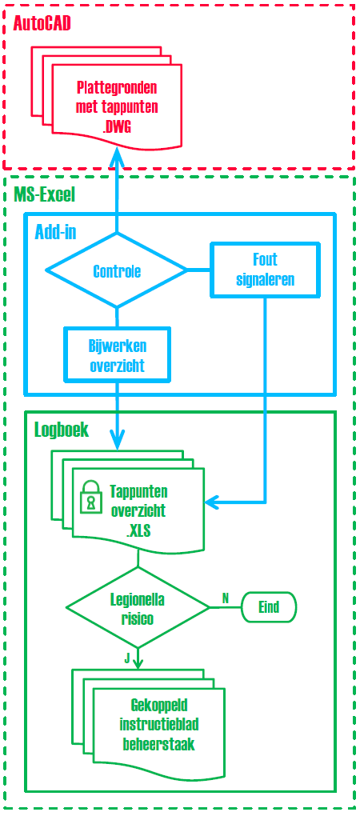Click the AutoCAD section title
[x=42, y=23]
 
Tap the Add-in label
[x=56, y=232]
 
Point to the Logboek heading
[x=62, y=430]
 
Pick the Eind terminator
[x=269, y=606]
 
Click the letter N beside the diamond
[x=226, y=598]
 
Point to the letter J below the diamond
[x=126, y=658]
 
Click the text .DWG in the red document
[x=117, y=126]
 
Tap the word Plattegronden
[x=117, y=86]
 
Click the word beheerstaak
[x=158, y=746]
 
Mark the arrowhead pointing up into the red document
[x=117, y=154]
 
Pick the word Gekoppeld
[x=159, y=706]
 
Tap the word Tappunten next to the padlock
[x=138, y=491]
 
